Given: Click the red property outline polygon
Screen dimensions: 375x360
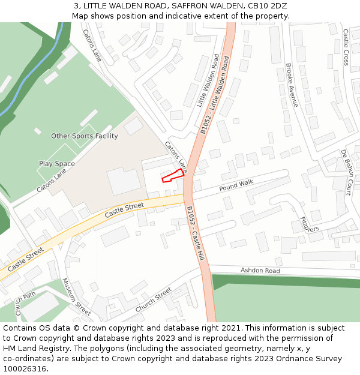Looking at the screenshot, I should coord(172,175).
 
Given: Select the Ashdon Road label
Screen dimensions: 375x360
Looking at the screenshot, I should coord(260,271).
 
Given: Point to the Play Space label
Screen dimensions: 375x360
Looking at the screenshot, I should coord(57,164).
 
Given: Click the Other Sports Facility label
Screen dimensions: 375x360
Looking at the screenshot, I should coord(85,136).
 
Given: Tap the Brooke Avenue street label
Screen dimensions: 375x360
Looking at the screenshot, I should coord(292,85).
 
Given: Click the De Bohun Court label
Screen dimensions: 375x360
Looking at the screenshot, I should coord(346,173).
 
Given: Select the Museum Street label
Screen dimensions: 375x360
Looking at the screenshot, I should coord(76,296).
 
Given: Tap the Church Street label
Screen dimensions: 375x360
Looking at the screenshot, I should coord(154,301).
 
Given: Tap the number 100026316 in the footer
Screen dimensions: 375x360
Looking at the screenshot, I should coord(23,368).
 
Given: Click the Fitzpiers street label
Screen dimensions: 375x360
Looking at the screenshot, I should coord(310,224).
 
